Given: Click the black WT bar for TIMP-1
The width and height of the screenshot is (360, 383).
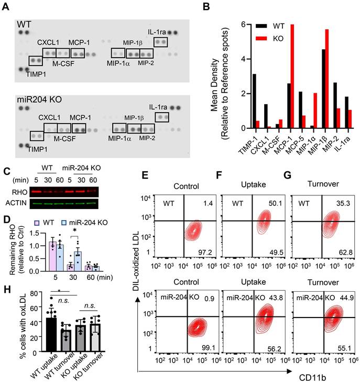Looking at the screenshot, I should point(239,101).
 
